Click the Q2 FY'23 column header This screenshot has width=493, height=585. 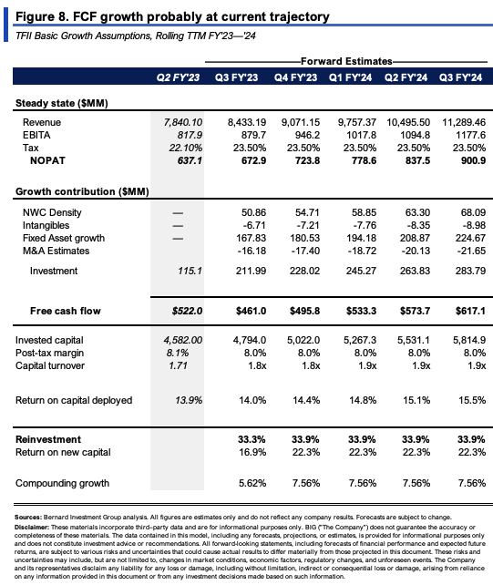point(178,77)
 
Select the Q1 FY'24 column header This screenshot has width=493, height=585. point(351,77)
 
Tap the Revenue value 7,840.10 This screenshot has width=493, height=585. point(183,122)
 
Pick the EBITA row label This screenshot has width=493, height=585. point(36,135)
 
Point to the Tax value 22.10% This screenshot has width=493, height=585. point(186,148)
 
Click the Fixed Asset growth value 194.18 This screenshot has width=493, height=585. point(361,238)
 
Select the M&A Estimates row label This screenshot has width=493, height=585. point(56,251)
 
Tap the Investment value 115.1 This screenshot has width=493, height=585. point(190,271)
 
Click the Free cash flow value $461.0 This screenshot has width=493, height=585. point(252,311)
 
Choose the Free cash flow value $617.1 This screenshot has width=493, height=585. point(470,311)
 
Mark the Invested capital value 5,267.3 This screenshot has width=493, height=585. point(360,340)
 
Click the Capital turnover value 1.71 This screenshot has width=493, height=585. point(178,365)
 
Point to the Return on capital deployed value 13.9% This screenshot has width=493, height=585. point(189,400)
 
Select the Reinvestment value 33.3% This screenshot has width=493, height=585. point(252,439)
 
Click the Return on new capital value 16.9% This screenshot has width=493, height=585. point(252,452)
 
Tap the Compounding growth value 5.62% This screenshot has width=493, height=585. point(252,483)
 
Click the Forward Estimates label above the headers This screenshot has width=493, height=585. point(346,61)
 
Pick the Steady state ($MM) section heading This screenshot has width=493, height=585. point(62,103)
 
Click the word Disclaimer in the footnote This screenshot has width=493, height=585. point(32,528)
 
